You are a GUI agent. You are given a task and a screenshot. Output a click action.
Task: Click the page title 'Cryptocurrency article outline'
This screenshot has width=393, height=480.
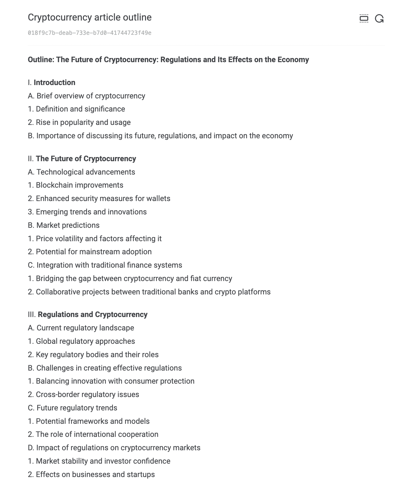click(x=89, y=18)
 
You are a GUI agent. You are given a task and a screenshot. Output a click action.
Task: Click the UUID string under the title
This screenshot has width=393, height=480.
click(x=89, y=33)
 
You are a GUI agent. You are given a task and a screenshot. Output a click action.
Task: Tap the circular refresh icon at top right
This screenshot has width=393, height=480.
click(x=379, y=19)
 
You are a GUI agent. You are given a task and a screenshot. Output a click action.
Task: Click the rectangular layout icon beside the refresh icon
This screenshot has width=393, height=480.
click(x=364, y=19)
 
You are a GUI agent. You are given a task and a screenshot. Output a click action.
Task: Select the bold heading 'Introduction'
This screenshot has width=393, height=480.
click(x=54, y=83)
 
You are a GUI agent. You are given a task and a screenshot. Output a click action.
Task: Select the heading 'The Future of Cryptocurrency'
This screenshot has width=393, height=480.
click(x=86, y=159)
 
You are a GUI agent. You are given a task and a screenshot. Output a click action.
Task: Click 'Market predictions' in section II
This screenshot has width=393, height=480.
click(x=68, y=225)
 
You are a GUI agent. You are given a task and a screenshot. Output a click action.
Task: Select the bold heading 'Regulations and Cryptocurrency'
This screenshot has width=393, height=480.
click(x=92, y=315)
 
